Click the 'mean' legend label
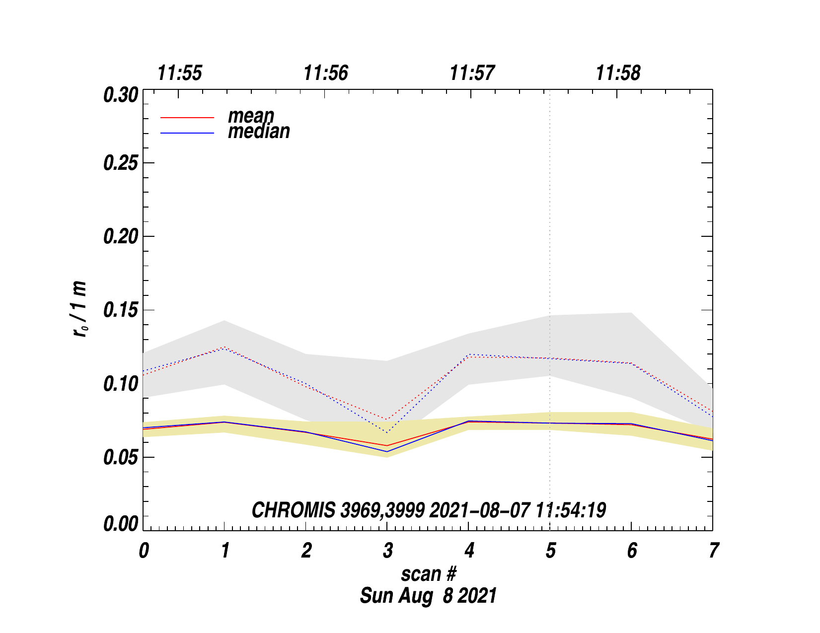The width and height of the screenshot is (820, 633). (x=251, y=116)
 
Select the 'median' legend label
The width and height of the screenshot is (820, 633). (x=259, y=132)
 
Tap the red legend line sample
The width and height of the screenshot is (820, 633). (x=187, y=118)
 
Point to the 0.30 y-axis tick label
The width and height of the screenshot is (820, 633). (x=121, y=95)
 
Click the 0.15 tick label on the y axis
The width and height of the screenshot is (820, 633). (x=121, y=310)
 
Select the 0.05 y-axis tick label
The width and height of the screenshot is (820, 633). (x=121, y=457)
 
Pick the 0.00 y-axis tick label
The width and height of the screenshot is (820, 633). (x=121, y=524)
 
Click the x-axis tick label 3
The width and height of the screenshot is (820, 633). (x=387, y=551)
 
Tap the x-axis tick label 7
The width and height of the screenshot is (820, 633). (x=713, y=551)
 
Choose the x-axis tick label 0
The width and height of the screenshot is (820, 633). (x=144, y=551)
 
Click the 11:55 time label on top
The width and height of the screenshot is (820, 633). (x=180, y=73)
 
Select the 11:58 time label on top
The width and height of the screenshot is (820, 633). (x=618, y=73)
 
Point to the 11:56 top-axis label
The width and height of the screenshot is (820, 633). (x=326, y=73)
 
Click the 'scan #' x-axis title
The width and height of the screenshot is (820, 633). (x=428, y=574)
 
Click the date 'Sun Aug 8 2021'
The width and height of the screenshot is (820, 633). (x=428, y=596)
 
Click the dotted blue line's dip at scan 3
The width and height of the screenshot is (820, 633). (x=387, y=432)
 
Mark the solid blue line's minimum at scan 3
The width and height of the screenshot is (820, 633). (x=387, y=451)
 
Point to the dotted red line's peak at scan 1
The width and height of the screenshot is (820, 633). (x=224, y=347)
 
